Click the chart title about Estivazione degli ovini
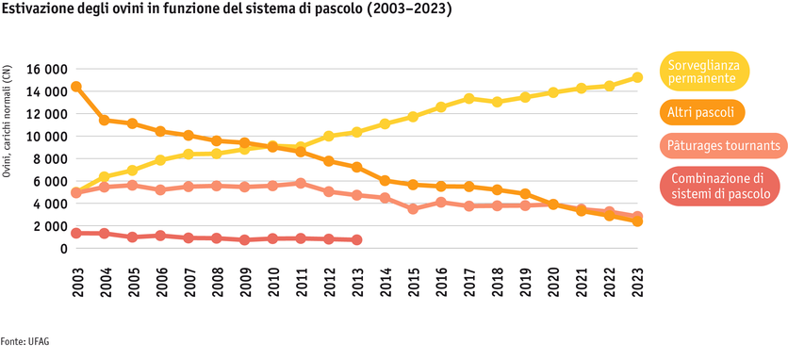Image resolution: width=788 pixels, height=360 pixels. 225,10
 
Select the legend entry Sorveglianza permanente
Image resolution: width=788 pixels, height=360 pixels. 704,72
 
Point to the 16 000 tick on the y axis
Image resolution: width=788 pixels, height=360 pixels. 41,70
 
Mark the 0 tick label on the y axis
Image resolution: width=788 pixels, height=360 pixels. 63,249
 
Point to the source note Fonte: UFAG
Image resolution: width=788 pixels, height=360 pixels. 25,341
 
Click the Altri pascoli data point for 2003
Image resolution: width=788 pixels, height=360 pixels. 76,87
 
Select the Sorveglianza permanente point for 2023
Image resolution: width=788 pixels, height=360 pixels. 637,77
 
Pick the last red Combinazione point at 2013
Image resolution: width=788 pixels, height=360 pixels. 357,239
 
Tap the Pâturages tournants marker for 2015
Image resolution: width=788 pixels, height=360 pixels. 413,208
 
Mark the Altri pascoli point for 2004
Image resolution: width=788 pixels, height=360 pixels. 105,120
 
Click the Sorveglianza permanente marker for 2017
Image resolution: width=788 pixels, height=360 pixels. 468,98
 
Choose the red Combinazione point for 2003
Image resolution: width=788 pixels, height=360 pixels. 76,233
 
